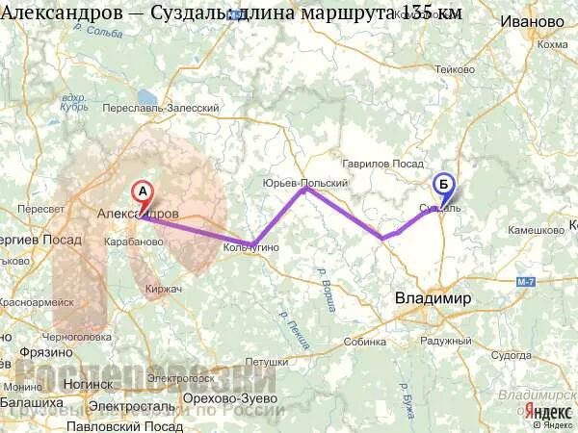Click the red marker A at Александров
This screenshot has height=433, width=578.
(x=142, y=191)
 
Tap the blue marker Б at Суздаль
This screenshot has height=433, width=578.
(x=443, y=184)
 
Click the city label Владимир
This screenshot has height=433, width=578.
(x=433, y=298)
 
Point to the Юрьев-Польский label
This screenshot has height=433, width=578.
(x=304, y=182)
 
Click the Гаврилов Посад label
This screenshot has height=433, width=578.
(x=384, y=165)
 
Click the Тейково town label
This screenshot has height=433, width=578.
(x=455, y=69)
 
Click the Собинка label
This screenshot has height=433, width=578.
(x=364, y=342)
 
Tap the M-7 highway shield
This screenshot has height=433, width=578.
(x=552, y=281)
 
